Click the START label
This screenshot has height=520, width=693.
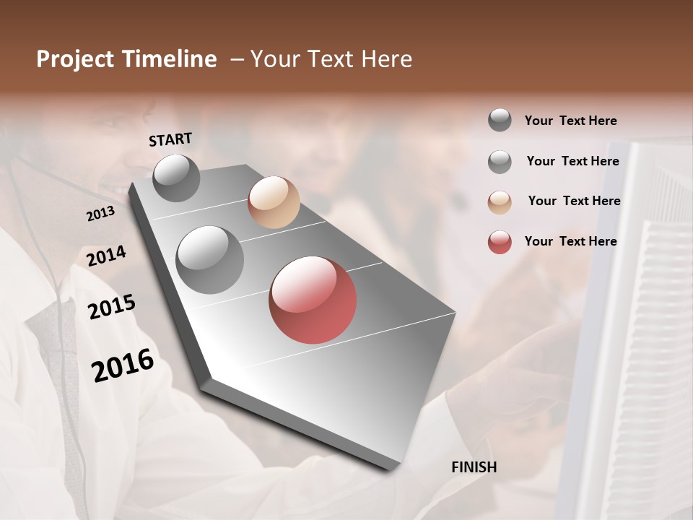170,139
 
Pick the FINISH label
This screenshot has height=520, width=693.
474,467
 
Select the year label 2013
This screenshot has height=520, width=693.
100,214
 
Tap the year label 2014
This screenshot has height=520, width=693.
106,256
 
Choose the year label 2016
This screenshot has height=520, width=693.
123,365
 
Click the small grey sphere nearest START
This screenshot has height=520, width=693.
176,178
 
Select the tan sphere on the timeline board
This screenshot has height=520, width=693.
274,202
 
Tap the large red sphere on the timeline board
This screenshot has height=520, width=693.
313,300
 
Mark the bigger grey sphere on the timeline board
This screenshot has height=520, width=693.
210,260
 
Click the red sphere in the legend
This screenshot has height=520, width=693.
500,242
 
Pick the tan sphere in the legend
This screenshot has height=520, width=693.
500,202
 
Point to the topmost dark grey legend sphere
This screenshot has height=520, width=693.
500,121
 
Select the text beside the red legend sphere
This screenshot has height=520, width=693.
570,241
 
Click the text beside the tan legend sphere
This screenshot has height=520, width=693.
574,201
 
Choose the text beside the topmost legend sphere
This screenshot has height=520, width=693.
570,121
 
